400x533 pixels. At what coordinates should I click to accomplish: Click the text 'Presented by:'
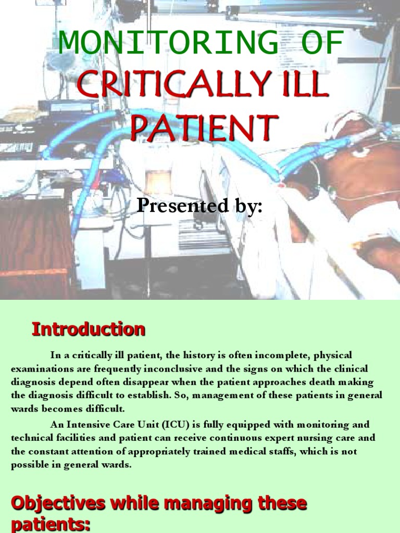tap(199, 207)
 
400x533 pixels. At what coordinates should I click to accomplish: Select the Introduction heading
tap(89, 329)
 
